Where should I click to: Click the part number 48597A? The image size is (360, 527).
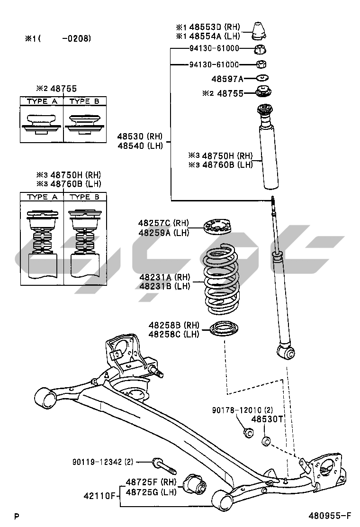(x=227, y=79)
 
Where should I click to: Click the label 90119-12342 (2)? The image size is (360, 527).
(x=103, y=461)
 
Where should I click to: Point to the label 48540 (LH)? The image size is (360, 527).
(x=140, y=146)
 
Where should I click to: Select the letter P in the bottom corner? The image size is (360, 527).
(x=17, y=517)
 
